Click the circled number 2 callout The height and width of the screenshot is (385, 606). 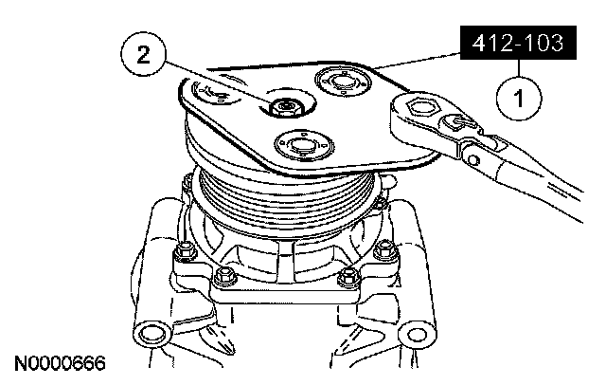tap(143, 55)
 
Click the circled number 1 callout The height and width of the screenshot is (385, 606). tap(519, 98)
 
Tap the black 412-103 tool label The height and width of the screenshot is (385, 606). tap(518, 43)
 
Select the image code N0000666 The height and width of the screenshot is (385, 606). tap(60, 363)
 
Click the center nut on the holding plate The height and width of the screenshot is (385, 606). tap(285, 106)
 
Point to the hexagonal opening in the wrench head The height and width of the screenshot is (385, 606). tap(423, 105)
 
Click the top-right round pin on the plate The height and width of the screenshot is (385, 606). tap(342, 82)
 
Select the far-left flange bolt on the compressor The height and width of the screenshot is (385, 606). tap(186, 250)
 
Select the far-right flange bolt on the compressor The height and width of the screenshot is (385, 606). tap(383, 249)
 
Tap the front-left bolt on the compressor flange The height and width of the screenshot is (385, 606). tap(223, 276)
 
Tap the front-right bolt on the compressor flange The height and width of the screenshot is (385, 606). tap(348, 276)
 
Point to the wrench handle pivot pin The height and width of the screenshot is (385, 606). tap(472, 158)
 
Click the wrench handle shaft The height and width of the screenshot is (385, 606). tap(541, 182)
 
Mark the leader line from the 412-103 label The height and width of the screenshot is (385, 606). tap(417, 61)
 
